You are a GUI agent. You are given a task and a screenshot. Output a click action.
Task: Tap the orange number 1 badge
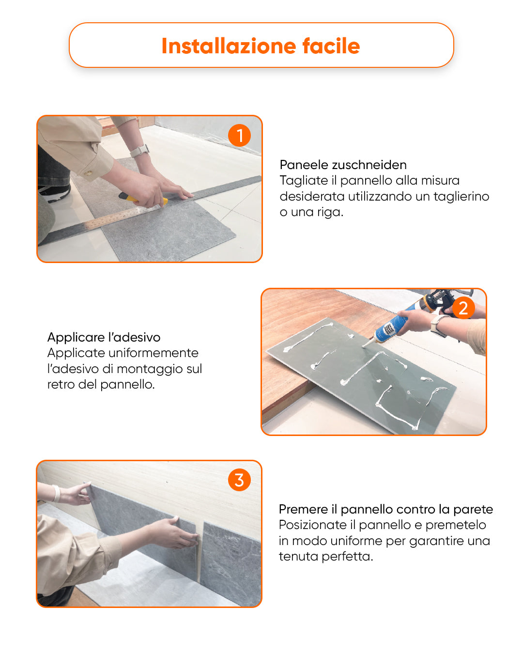click(x=239, y=136)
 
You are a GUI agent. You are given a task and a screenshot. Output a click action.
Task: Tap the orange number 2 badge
click(x=463, y=308)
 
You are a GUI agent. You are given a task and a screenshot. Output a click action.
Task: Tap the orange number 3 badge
click(x=239, y=480)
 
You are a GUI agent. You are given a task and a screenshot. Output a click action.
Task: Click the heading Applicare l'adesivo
click(x=104, y=337)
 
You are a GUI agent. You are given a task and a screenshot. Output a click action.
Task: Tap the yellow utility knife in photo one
click(x=128, y=197)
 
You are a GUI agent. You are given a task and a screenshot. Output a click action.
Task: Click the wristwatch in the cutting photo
click(x=140, y=151)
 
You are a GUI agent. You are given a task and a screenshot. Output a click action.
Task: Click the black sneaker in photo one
click(x=54, y=193)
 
